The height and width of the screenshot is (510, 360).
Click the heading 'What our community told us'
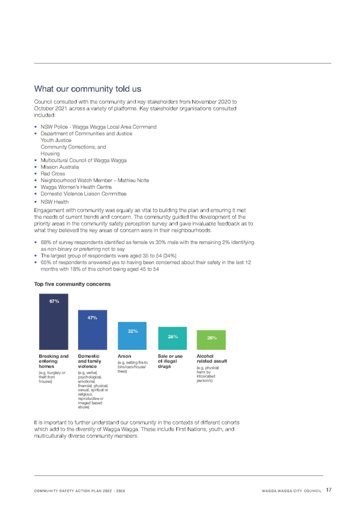point(88,89)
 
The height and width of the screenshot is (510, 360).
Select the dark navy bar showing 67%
point(53,322)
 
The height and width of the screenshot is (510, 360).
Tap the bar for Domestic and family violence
point(93,330)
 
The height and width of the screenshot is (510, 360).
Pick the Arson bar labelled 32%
point(132,336)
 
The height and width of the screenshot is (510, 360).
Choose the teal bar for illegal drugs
point(172,338)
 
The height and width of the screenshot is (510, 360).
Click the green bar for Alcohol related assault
point(211,340)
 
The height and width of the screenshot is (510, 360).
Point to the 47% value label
point(93,318)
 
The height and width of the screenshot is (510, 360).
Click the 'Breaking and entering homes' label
point(53,361)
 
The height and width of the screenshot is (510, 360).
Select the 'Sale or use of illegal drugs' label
point(170,361)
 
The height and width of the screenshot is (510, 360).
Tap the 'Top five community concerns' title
point(73,284)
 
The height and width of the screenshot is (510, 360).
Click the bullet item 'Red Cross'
point(53,174)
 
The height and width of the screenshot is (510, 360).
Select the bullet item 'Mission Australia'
point(59,167)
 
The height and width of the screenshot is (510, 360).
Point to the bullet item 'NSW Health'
point(55,201)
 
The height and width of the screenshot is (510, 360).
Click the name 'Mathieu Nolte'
point(133,180)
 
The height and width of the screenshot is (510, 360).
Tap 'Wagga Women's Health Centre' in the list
point(76,187)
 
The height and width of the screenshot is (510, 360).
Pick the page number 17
point(329,490)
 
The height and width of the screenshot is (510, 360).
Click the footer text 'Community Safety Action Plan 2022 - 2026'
point(79,491)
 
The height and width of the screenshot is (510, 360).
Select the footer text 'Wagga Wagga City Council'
point(291,491)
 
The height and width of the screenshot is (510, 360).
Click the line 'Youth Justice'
point(56,140)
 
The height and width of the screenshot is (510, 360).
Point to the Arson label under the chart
point(124,356)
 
